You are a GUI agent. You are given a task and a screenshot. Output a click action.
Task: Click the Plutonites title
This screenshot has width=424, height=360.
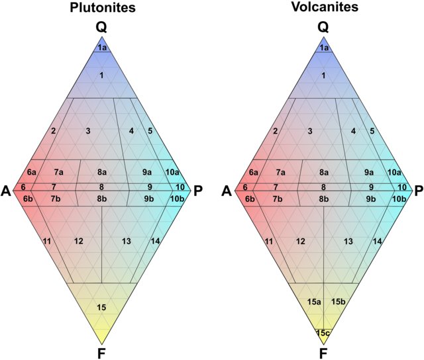101,9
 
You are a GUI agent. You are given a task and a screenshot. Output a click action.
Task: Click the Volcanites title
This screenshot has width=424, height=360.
323,9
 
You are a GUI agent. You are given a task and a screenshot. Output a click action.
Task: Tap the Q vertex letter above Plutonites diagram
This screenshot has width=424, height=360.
101,27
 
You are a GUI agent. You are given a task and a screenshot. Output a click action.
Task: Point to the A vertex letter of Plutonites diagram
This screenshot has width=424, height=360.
6,191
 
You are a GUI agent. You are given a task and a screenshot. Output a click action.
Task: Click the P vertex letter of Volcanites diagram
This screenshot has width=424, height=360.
419,191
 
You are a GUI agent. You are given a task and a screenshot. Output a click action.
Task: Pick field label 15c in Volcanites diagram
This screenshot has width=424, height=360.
323,332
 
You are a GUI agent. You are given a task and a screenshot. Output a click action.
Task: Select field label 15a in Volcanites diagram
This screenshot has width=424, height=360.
314,302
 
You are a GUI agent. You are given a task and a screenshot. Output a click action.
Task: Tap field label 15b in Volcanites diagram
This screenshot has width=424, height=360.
338,302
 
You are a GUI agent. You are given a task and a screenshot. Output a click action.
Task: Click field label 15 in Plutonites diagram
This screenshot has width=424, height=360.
101,307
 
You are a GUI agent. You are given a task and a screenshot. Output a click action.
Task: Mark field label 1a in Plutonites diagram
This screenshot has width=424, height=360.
101,48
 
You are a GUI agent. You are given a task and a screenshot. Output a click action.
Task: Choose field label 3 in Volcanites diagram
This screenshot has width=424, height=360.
310,131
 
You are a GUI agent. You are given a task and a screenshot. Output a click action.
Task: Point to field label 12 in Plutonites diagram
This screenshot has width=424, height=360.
79,240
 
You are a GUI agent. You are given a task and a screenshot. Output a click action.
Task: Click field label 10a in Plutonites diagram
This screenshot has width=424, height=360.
172,172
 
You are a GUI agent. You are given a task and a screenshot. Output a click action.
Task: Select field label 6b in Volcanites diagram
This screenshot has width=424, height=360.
250,199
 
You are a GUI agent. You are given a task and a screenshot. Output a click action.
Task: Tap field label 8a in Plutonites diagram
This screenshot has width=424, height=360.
101,172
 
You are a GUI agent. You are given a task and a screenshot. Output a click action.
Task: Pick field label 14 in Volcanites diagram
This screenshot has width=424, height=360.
377,240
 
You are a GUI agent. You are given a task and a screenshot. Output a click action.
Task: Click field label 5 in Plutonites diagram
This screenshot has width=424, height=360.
150,131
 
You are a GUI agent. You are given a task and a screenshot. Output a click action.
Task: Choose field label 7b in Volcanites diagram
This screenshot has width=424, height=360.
278,199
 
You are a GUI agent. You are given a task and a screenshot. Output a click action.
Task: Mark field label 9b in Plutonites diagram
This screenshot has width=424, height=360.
149,199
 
